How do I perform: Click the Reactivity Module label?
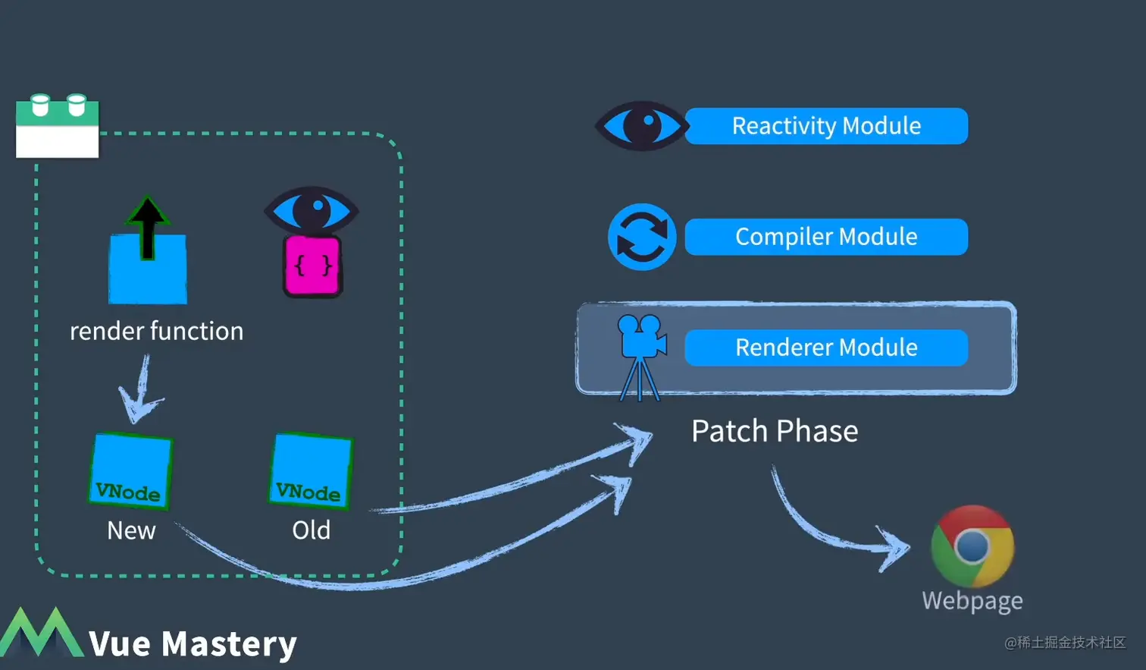[x=826, y=126]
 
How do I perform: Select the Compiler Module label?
[x=826, y=237]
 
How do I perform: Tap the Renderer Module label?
[x=826, y=348]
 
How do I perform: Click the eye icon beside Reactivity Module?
[x=641, y=126]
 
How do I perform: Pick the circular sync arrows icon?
[x=642, y=237]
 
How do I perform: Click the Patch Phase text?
[x=775, y=431]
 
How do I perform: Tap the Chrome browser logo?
[x=972, y=546]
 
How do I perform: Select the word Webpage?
[x=972, y=601]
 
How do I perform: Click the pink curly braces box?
[x=312, y=266]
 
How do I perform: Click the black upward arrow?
[x=147, y=226]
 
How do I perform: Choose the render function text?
[x=156, y=331]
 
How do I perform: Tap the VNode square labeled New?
[x=130, y=471]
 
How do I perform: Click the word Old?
[x=311, y=530]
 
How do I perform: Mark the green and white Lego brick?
[x=58, y=127]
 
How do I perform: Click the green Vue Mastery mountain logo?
[x=41, y=633]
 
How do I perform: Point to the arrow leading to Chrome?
[x=834, y=524]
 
